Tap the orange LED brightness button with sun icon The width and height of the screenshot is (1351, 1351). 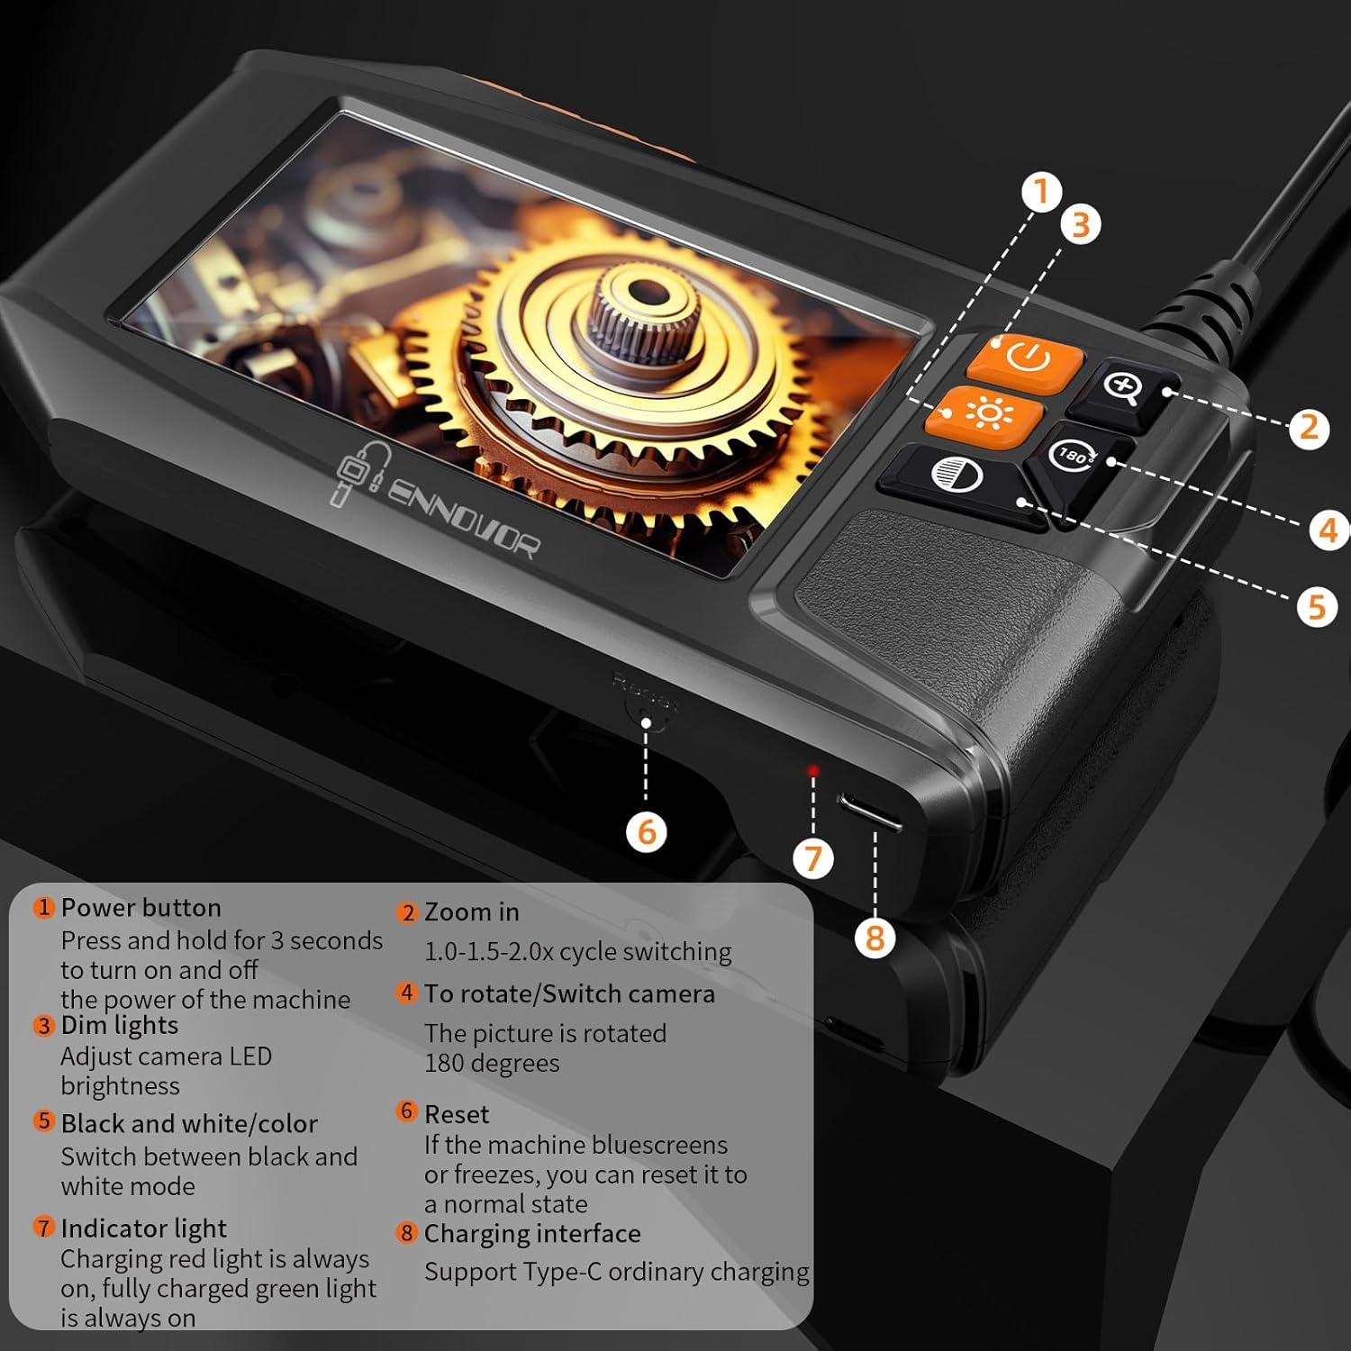pos(985,414)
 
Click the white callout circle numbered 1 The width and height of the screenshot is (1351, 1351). pos(1042,193)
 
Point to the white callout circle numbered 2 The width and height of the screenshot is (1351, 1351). pos(1309,428)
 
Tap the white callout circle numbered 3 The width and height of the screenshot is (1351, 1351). pos(1081,224)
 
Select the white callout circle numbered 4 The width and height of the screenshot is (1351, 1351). pos(1328,530)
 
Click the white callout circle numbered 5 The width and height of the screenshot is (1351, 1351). pos(1317,607)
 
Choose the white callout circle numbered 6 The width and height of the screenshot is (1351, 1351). pos(647,831)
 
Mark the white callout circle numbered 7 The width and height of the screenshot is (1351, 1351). pos(813,857)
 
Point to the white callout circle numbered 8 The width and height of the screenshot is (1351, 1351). pos(875,938)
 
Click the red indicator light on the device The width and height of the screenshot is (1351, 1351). pos(813,771)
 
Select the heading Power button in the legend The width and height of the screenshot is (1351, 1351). pos(141,908)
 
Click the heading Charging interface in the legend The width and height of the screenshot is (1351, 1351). pos(531,1233)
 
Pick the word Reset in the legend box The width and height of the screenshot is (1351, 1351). pos(457,1114)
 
